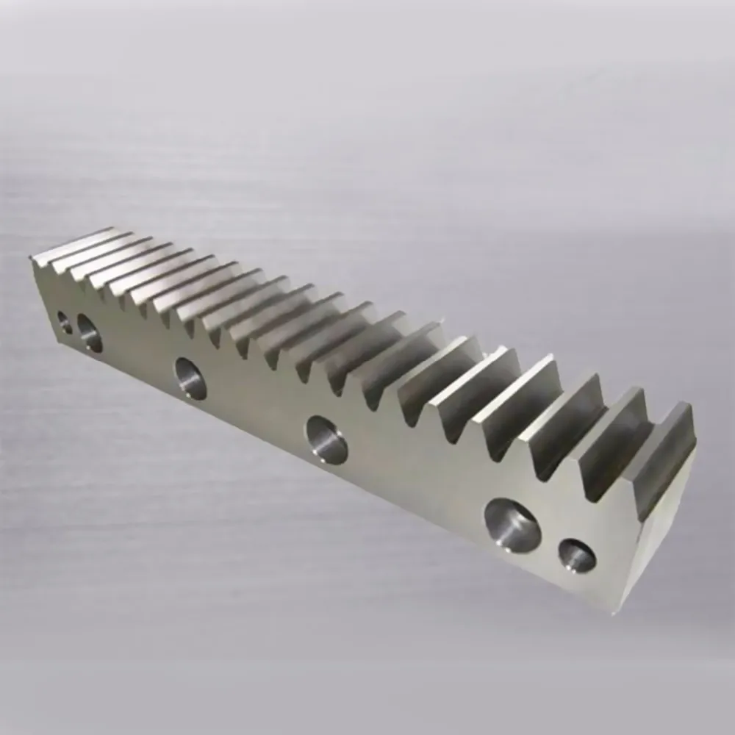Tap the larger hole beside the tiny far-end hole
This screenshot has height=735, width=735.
90,333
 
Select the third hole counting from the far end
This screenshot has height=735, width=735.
190,378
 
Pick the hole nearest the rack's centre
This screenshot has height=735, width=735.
327,440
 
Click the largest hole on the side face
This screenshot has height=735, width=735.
512,525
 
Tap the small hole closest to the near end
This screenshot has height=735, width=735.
577,556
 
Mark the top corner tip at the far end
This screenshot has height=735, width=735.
31,257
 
